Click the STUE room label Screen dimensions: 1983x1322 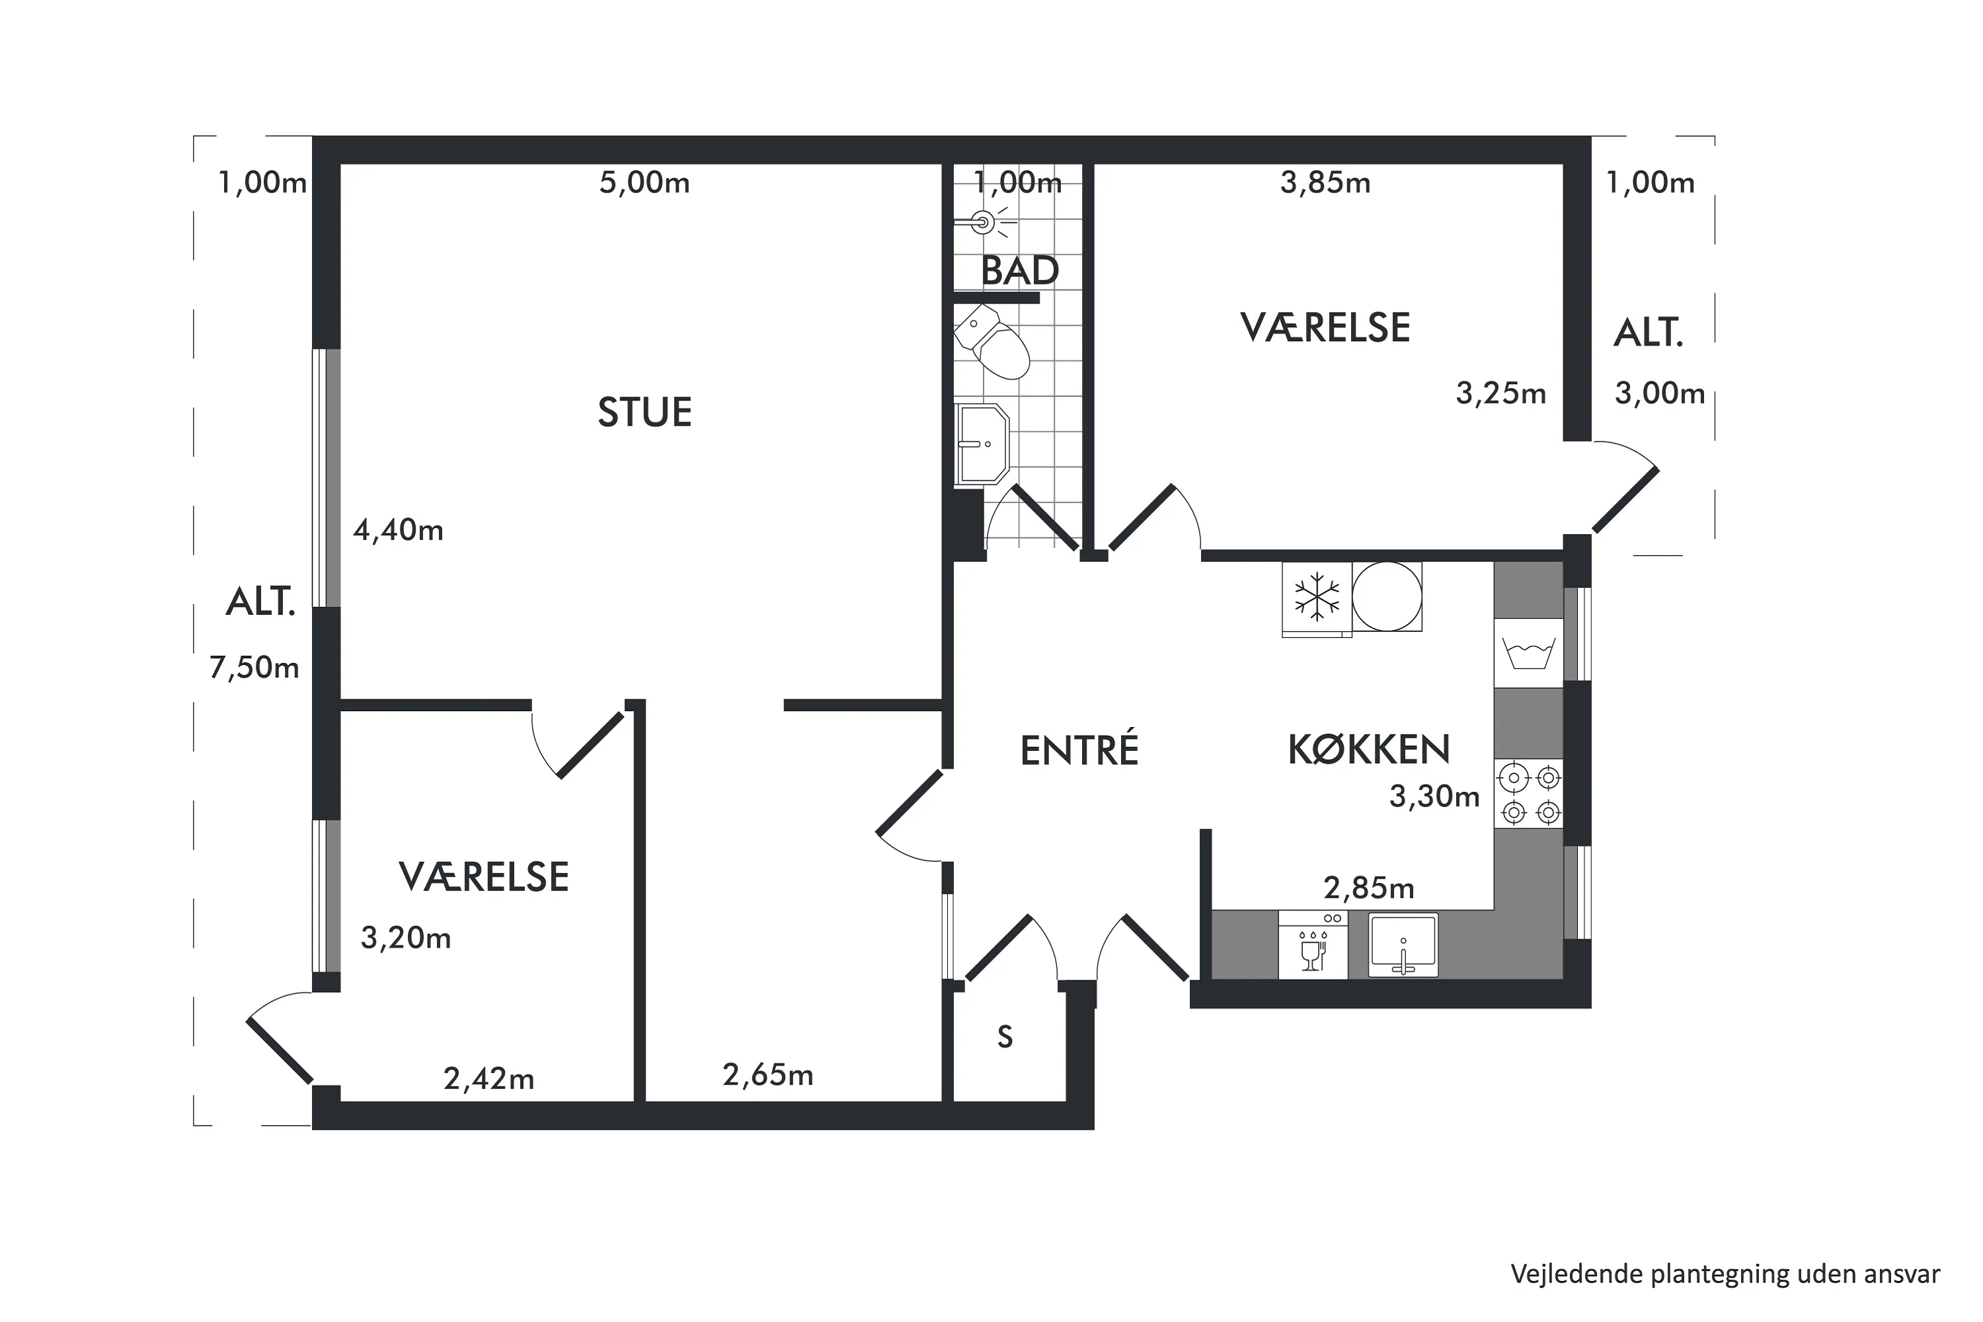click(645, 412)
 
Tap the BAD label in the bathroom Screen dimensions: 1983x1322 click(1020, 270)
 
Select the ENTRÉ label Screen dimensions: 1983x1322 click(1079, 749)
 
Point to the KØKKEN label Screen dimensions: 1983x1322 click(1368, 749)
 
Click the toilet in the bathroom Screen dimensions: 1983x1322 click(993, 342)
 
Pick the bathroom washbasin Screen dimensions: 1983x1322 click(982, 444)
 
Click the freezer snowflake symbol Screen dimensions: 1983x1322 click(1316, 598)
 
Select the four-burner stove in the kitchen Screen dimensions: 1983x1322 click(1530, 793)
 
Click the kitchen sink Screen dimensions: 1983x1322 click(1403, 945)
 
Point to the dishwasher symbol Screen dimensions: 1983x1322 click(1313, 945)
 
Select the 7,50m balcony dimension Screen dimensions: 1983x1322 click(254, 668)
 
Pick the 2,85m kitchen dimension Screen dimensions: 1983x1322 click(1368, 888)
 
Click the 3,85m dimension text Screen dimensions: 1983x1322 click(1325, 183)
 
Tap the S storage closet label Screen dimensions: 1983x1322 click(1005, 1036)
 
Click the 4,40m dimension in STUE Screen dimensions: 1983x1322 click(398, 530)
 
